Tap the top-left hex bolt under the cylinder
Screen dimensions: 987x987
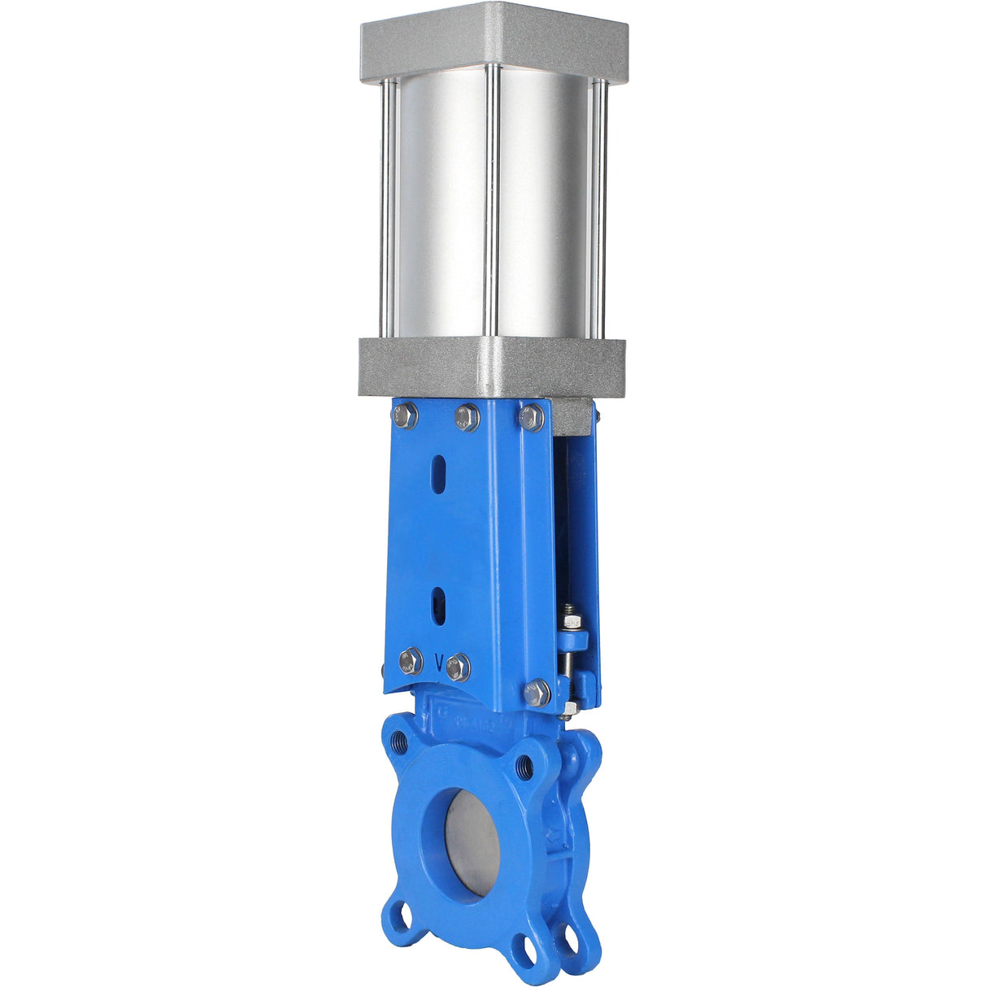pyautogui.click(x=405, y=417)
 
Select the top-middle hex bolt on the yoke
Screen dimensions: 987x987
pyautogui.click(x=467, y=417)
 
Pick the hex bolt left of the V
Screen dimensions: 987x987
pyautogui.click(x=411, y=661)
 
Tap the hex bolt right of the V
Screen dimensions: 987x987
pyautogui.click(x=459, y=667)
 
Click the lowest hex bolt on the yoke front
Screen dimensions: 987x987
pyautogui.click(x=537, y=693)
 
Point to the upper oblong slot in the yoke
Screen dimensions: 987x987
pyautogui.click(x=439, y=474)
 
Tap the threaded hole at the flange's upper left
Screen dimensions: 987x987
pyautogui.click(x=400, y=741)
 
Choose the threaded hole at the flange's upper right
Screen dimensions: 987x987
pyautogui.click(x=526, y=764)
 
